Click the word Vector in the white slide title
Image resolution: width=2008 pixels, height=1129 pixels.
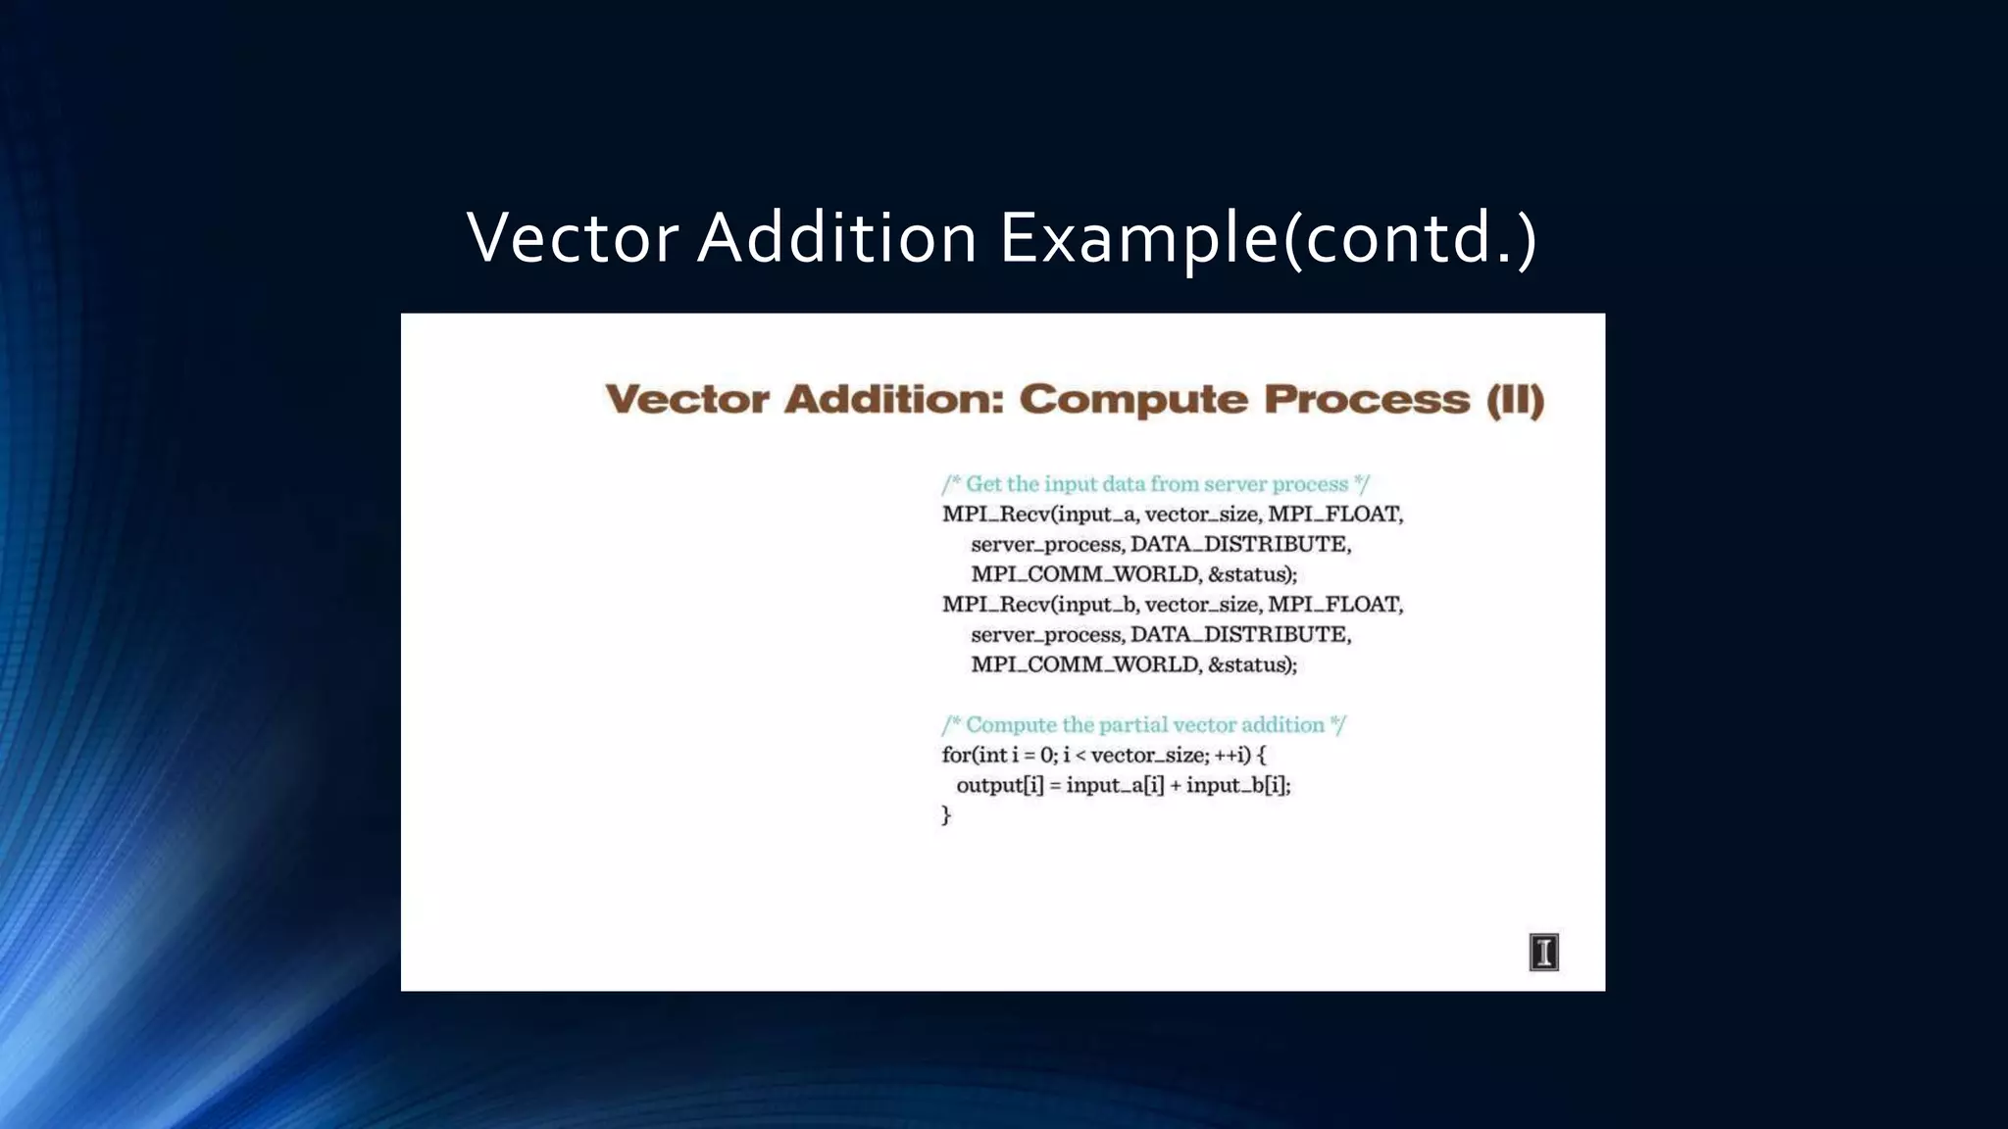tap(573, 238)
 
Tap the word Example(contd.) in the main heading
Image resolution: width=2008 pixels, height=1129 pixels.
tap(1268, 240)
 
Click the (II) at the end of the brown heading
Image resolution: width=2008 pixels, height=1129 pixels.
tap(1515, 400)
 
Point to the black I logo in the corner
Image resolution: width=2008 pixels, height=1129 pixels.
tap(1543, 952)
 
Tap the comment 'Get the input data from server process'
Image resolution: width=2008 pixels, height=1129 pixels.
tap(1155, 484)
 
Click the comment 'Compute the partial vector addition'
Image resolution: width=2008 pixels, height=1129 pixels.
tap(1143, 725)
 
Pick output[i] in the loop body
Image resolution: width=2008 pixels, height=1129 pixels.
tap(1000, 785)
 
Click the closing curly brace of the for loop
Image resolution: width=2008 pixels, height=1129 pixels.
tap(946, 814)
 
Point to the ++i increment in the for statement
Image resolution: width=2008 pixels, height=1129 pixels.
tap(1231, 756)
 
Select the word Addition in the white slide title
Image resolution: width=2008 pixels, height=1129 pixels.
tap(836, 238)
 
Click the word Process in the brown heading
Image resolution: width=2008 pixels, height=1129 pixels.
tap(1367, 400)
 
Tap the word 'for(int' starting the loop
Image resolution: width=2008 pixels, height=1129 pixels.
tap(975, 756)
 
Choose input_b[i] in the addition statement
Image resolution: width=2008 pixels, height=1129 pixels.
tap(1237, 785)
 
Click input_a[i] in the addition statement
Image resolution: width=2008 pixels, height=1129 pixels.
tap(1115, 785)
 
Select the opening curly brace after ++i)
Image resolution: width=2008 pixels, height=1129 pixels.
tap(1261, 756)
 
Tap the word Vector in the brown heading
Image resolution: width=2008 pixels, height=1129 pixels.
tap(687, 400)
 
